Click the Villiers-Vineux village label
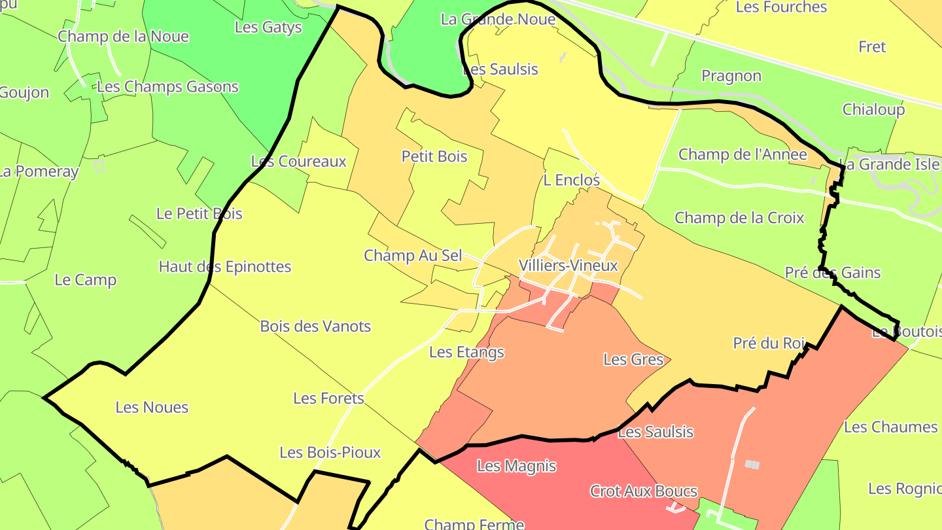click(568, 266)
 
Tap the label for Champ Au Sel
click(413, 256)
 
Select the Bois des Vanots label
click(315, 327)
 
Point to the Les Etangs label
click(466, 353)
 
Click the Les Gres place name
click(633, 360)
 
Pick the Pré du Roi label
click(768, 344)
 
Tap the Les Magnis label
click(516, 467)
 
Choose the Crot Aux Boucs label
click(644, 491)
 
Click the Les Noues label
click(152, 408)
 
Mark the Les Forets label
click(328, 398)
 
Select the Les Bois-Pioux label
click(330, 453)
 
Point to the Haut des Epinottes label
click(224, 267)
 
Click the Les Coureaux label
click(298, 162)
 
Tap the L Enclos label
click(571, 180)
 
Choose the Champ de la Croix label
click(739, 218)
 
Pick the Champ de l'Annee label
click(742, 155)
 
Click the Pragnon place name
click(731, 77)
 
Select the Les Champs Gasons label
click(167, 87)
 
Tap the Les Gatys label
click(268, 27)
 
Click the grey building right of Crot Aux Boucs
click(752, 465)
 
